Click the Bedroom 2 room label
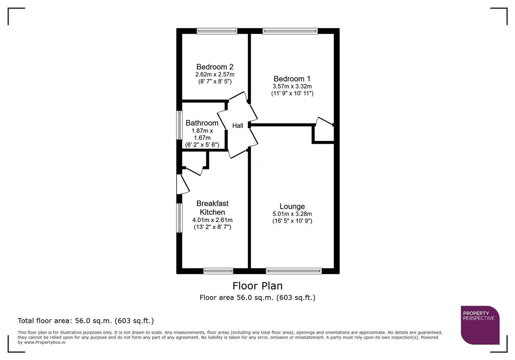point(214,67)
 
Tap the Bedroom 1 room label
point(292,79)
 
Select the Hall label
point(237,126)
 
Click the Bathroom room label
point(202,123)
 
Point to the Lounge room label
point(292,206)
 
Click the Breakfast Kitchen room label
point(212,208)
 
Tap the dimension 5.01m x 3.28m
point(292,214)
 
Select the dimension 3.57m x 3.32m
point(292,86)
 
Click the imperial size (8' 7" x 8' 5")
point(214,81)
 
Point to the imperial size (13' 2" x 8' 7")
point(212,227)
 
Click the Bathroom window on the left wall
point(179,125)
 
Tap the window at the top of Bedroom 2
point(217,31)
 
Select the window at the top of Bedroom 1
point(290,31)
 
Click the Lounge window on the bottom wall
point(294,271)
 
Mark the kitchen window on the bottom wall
point(218,271)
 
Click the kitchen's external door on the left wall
point(182,184)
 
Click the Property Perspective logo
point(480,325)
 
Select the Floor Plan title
point(257,286)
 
